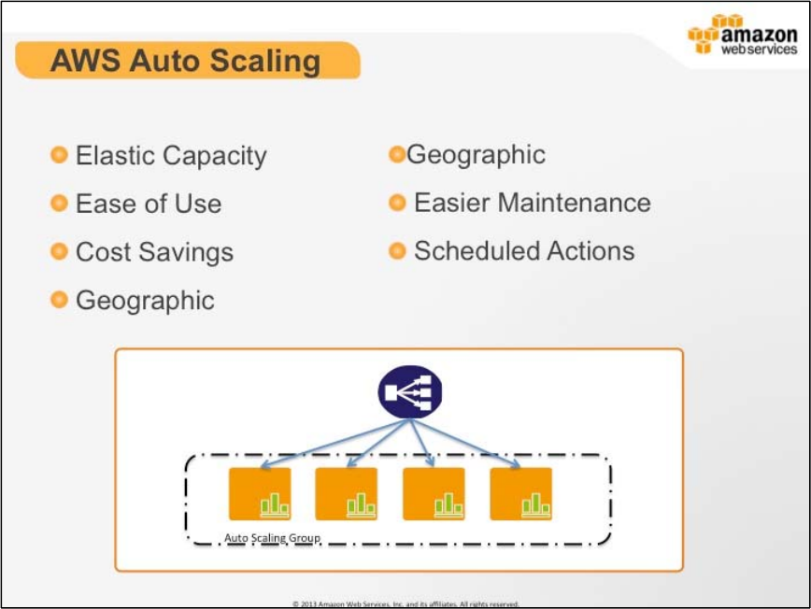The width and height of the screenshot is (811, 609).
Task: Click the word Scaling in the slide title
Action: (x=265, y=62)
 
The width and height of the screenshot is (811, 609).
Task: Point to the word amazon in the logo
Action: (x=760, y=35)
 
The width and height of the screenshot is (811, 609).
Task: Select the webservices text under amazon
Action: (x=760, y=50)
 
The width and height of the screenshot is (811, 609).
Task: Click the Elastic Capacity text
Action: (x=171, y=156)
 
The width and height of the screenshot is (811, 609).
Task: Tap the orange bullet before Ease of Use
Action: (x=59, y=203)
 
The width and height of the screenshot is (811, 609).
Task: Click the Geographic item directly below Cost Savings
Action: (x=145, y=301)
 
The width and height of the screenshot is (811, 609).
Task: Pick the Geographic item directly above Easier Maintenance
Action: (x=476, y=154)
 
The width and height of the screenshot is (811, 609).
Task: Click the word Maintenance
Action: (x=574, y=202)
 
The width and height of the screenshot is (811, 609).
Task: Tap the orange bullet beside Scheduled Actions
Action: (x=397, y=250)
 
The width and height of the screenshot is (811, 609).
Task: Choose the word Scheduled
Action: (x=477, y=250)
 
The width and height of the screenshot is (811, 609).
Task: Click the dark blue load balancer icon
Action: (x=410, y=392)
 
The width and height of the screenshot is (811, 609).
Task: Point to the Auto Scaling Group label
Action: (x=272, y=538)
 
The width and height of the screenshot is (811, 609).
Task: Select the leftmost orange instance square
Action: (x=260, y=494)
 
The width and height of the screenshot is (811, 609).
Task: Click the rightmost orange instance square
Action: (x=520, y=494)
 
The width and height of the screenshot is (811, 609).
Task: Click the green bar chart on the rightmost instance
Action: (x=535, y=504)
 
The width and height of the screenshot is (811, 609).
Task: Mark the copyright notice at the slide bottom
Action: (x=405, y=603)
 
